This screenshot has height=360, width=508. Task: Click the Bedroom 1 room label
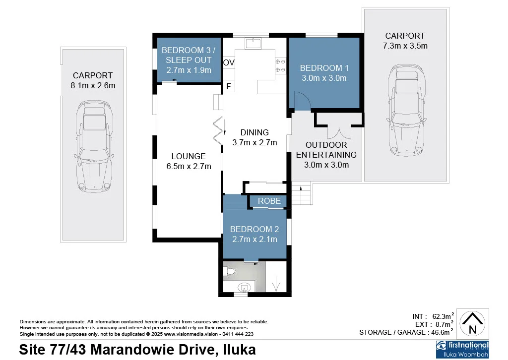[x=321, y=68]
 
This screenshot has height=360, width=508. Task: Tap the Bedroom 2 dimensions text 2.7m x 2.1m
[x=254, y=239]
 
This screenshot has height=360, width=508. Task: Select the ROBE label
[x=269, y=201]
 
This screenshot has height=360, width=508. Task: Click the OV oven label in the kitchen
[x=229, y=63]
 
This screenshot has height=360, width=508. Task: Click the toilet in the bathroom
[x=229, y=271]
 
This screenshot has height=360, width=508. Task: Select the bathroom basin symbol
[x=244, y=287]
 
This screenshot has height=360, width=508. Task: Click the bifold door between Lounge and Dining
[x=219, y=130]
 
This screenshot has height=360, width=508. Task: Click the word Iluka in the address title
[x=238, y=350]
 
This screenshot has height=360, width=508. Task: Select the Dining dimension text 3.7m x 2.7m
[x=254, y=142]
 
